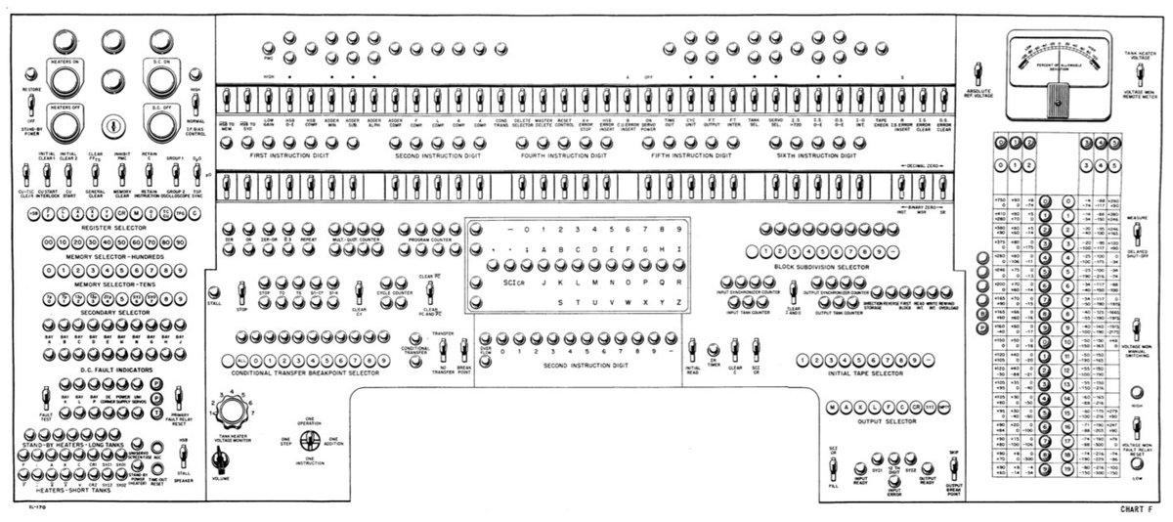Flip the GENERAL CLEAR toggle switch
pyautogui.click(x=94, y=175)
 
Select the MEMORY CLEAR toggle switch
pyautogui.click(x=122, y=175)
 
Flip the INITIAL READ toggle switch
pyautogui.click(x=692, y=348)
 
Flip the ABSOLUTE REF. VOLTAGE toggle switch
pyautogui.click(x=977, y=72)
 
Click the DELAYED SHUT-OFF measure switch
pyautogui.click(x=1136, y=236)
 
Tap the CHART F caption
pyautogui.click(x=1138, y=509)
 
